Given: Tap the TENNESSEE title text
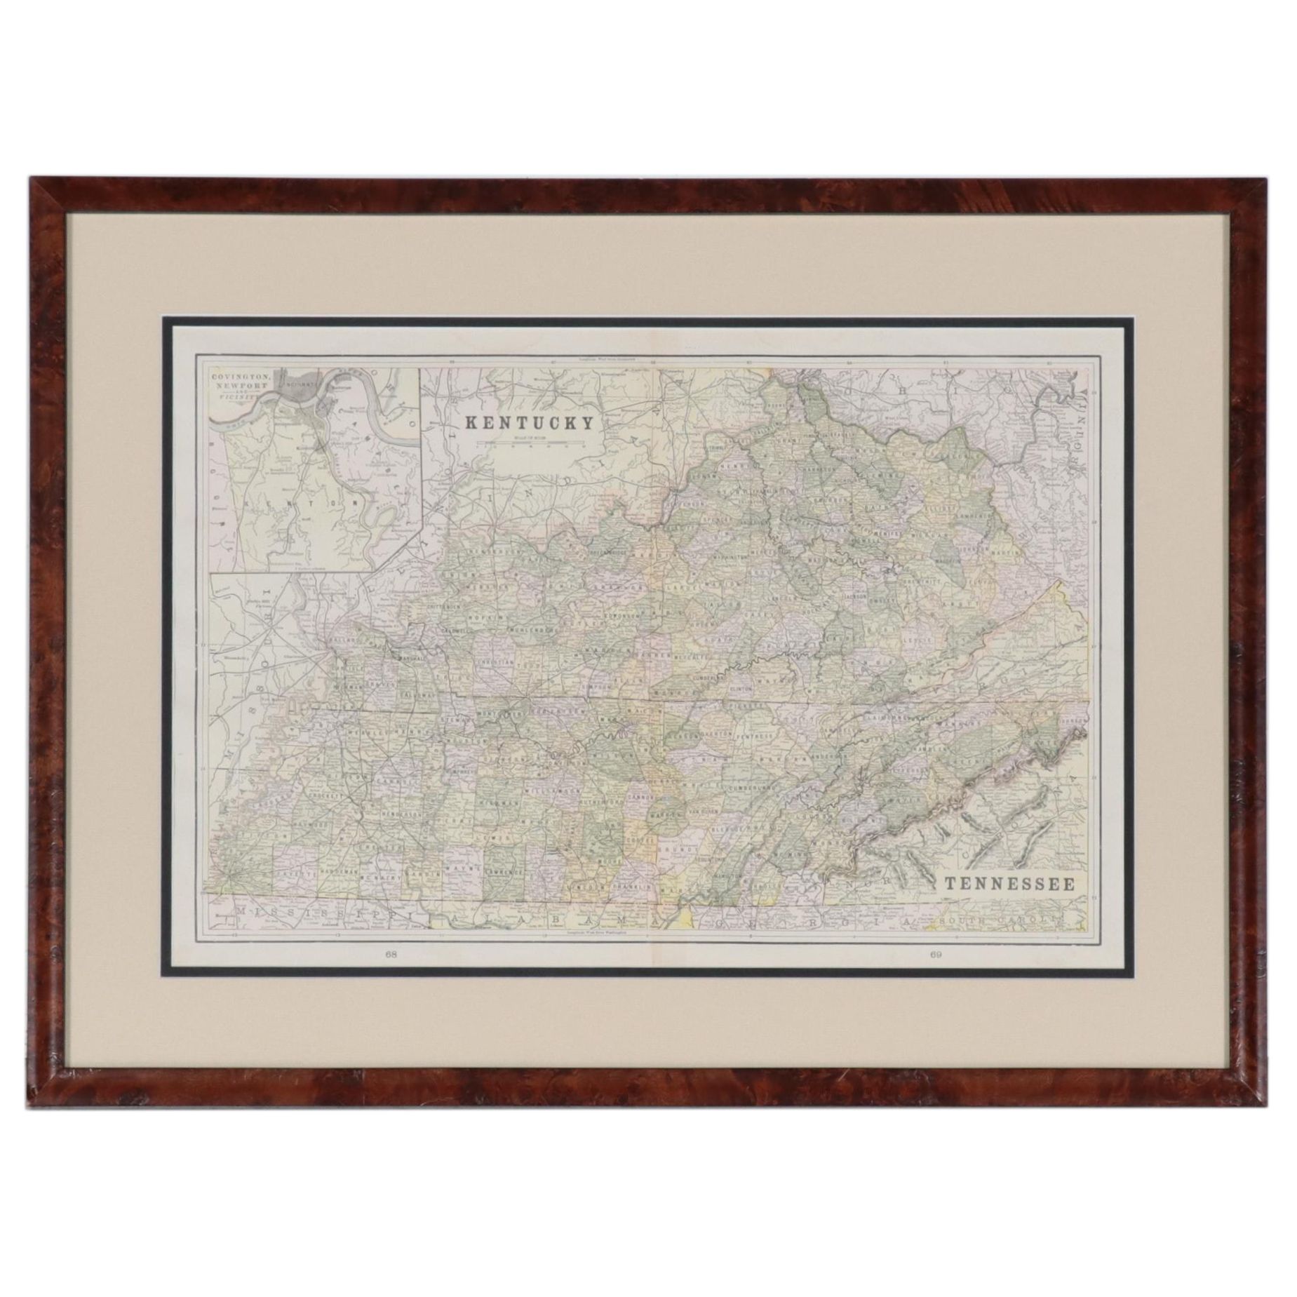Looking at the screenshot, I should pos(1008,884).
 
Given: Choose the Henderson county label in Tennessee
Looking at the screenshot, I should pos(399,814).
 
